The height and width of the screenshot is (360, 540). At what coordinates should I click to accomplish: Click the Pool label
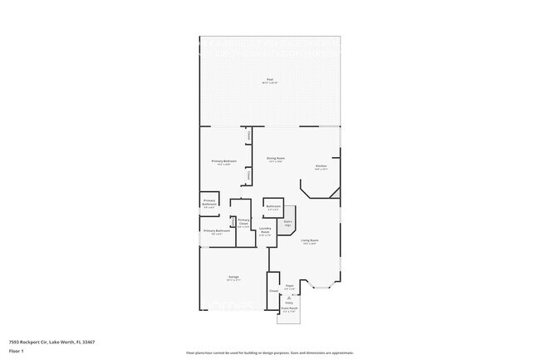tap(269, 81)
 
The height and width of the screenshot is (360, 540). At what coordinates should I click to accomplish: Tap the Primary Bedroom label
tap(224, 162)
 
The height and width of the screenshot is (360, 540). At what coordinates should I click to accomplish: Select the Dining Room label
tap(276, 160)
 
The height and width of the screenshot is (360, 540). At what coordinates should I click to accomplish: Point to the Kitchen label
tap(321, 167)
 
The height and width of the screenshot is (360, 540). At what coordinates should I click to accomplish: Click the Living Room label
tap(310, 242)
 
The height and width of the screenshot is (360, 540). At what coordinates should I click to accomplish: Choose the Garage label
tap(234, 279)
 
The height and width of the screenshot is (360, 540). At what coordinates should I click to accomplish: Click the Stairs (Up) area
tap(288, 223)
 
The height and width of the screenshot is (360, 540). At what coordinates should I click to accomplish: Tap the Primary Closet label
tap(243, 223)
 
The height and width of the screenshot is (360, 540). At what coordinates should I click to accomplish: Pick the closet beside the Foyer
tap(273, 292)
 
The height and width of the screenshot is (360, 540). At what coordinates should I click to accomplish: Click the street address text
tap(52, 342)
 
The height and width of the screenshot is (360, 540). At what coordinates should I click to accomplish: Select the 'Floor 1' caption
tap(17, 352)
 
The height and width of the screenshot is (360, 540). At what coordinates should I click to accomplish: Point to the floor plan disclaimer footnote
tap(270, 353)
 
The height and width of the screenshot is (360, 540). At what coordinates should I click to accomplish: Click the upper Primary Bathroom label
tap(210, 204)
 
